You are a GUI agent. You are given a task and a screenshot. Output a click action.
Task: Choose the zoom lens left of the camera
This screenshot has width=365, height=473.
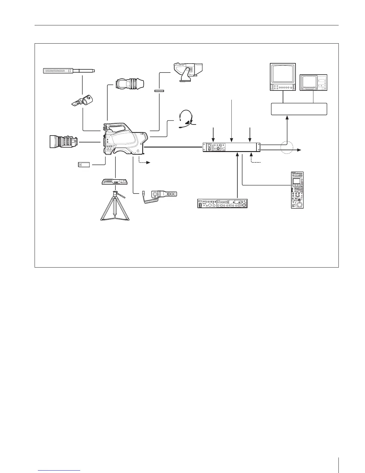pyautogui.click(x=64, y=142)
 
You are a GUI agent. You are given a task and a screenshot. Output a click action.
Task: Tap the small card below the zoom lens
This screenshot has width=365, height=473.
pyautogui.click(x=84, y=165)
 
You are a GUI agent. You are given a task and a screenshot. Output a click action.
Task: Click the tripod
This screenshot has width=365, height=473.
pyautogui.click(x=115, y=206)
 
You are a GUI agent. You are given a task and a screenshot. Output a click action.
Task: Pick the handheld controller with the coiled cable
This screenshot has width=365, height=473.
pyautogui.click(x=160, y=194)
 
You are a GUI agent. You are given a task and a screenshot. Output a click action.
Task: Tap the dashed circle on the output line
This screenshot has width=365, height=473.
pyautogui.click(x=287, y=148)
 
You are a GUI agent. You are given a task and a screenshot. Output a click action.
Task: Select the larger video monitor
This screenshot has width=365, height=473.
pyautogui.click(x=283, y=77)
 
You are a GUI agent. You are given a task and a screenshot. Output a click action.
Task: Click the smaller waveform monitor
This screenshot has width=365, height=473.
pyautogui.click(x=313, y=82)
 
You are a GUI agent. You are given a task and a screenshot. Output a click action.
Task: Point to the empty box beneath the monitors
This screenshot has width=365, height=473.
pyautogui.click(x=299, y=109)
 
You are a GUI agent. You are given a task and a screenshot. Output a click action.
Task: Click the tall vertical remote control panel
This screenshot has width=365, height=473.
pyautogui.click(x=298, y=190)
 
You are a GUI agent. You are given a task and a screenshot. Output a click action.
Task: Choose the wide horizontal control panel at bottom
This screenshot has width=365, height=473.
pyautogui.click(x=223, y=203)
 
